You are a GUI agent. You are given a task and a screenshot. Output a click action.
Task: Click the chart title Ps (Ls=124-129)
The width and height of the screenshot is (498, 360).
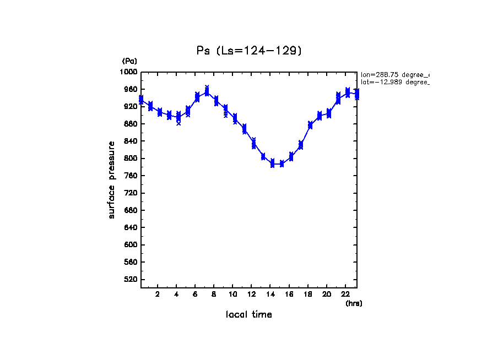pyautogui.click(x=250, y=51)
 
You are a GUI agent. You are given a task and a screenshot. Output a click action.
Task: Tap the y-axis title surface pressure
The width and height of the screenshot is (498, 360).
pyautogui.click(x=112, y=179)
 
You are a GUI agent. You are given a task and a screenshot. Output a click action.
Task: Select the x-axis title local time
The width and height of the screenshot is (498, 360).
pyautogui.click(x=249, y=315)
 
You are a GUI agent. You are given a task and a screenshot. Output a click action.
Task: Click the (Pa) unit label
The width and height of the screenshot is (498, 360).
pyautogui.click(x=129, y=61)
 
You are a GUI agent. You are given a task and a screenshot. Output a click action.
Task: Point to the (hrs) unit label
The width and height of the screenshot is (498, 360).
pyautogui.click(x=354, y=303)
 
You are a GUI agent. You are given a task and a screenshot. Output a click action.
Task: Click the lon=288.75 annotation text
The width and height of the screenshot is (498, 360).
pyautogui.click(x=394, y=74)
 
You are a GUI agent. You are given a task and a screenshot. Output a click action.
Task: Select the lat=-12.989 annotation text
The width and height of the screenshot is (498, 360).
pyautogui.click(x=394, y=82)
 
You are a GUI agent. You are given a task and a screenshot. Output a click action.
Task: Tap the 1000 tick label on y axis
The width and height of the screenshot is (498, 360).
pyautogui.click(x=129, y=72)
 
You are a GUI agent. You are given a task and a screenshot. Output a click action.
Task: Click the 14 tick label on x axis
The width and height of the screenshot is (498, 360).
pyautogui.click(x=270, y=294)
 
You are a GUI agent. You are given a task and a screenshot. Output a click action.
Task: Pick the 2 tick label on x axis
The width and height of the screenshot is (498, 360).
pyautogui.click(x=158, y=294)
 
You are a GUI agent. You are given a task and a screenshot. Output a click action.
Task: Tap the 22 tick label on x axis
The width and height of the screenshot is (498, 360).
pyautogui.click(x=346, y=294)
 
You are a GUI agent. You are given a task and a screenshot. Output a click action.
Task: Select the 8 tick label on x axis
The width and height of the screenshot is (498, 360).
pyautogui.click(x=214, y=294)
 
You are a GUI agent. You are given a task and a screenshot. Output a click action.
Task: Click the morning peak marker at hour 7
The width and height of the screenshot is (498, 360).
pyautogui.click(x=207, y=92)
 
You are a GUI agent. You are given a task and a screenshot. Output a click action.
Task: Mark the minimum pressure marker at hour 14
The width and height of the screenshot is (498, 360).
pyautogui.click(x=272, y=163)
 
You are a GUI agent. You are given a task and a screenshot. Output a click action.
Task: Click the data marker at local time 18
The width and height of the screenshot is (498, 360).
pyautogui.click(x=310, y=126)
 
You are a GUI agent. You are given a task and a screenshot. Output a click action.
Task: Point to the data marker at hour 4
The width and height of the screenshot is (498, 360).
pyautogui.click(x=178, y=117)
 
